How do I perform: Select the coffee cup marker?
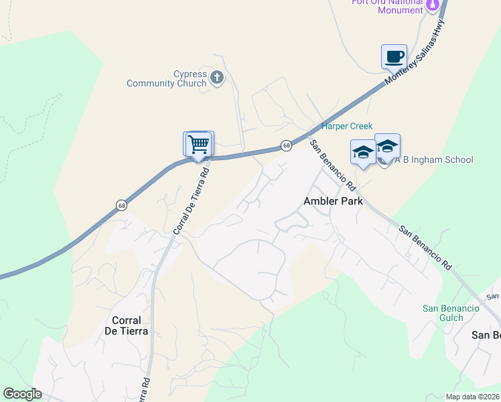[x=394, y=56]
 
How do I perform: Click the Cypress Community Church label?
[x=167, y=78]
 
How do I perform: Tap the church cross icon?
[x=216, y=78]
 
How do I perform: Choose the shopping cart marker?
[x=198, y=144]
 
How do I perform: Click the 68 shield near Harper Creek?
[x=286, y=145]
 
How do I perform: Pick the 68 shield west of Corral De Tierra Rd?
[x=121, y=204]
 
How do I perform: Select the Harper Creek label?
[x=347, y=126]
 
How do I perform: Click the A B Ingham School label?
[x=433, y=159]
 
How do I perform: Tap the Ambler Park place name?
[x=333, y=201]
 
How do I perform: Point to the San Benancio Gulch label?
[x=451, y=313]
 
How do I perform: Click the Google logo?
[x=22, y=394]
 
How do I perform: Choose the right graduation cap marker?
[x=387, y=147]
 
